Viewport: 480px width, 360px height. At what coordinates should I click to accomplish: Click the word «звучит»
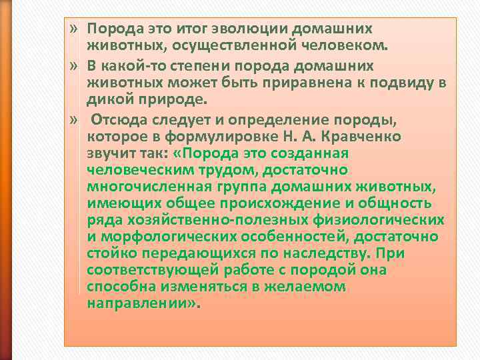[109, 153]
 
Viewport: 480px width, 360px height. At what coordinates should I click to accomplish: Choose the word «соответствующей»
[141, 270]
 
